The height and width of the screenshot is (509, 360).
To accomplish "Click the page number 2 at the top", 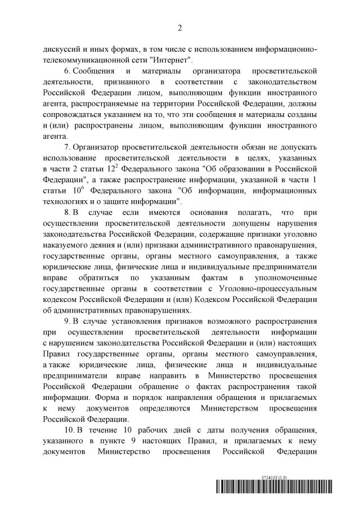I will click(180, 27).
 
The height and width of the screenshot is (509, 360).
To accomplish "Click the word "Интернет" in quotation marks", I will click(174, 60).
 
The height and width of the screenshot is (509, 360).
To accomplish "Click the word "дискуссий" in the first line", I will click(64, 49).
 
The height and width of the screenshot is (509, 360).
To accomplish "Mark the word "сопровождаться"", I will click(73, 115).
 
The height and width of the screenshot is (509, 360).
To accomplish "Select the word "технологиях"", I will click(66, 201).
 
